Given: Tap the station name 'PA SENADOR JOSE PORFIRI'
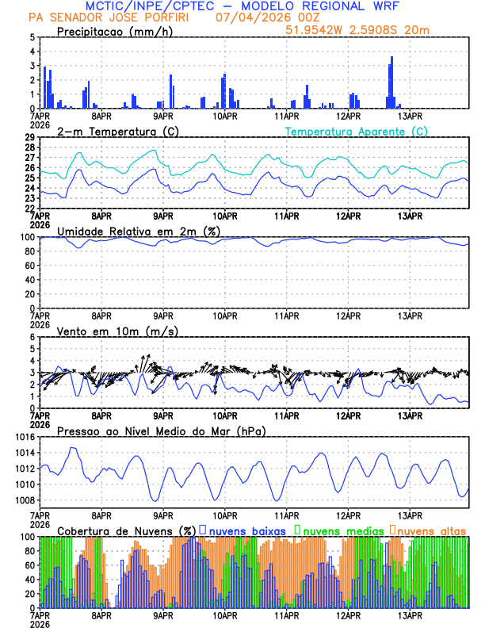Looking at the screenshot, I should pyautogui.click(x=115, y=17).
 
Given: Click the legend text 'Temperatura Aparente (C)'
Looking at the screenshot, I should pyautogui.click(x=356, y=131).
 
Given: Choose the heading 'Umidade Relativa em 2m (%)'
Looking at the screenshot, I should pyautogui.click(x=139, y=231).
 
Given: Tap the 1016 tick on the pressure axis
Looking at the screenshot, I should pyautogui.click(x=22, y=437).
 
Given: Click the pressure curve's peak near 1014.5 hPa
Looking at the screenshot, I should pyautogui.click(x=73, y=448).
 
